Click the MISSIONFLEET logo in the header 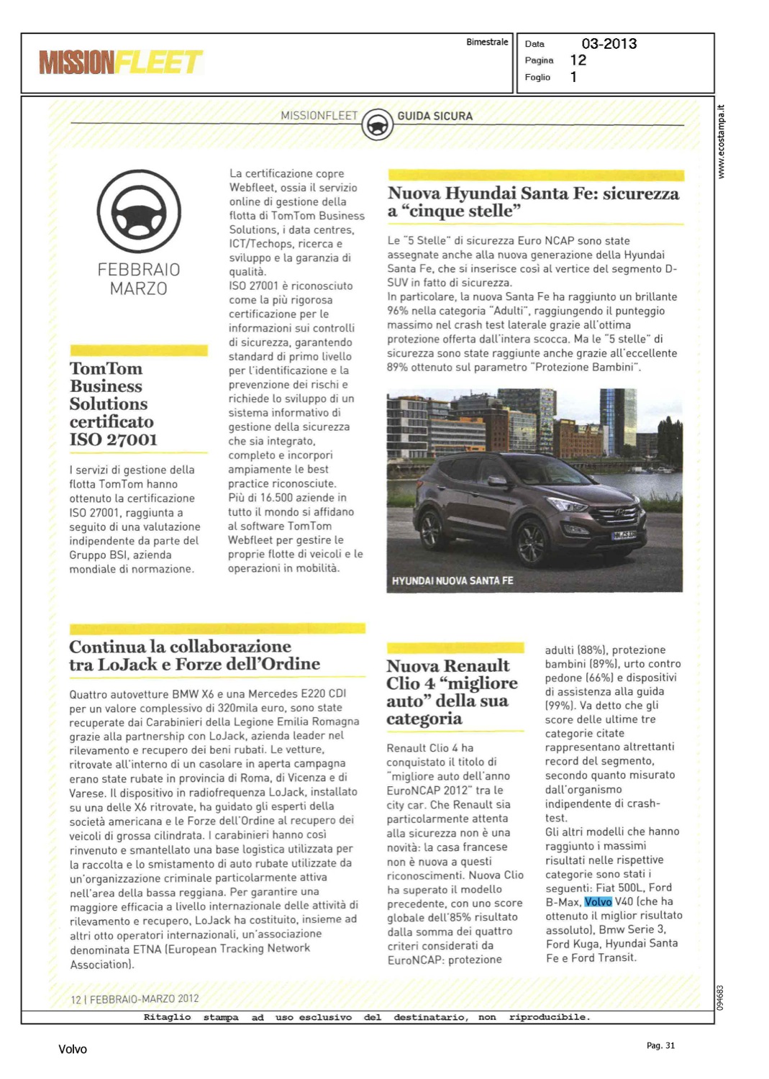pos(121,63)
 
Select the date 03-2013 pos(609,44)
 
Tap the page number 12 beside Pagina pos(578,60)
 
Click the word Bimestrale pos(487,42)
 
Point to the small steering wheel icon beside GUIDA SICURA pos(377,124)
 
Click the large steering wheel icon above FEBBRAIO pos(139,212)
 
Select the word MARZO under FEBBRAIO pos(139,289)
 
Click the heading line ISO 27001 pos(113,440)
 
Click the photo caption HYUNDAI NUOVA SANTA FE pos(452,581)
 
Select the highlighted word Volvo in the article pos(598,901)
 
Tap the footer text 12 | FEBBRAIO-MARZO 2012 pos(135,998)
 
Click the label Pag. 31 pos(660,1045)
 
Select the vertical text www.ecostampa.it pos(722,142)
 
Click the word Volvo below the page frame pos(73,1050)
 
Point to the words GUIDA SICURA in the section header pos(434,116)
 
